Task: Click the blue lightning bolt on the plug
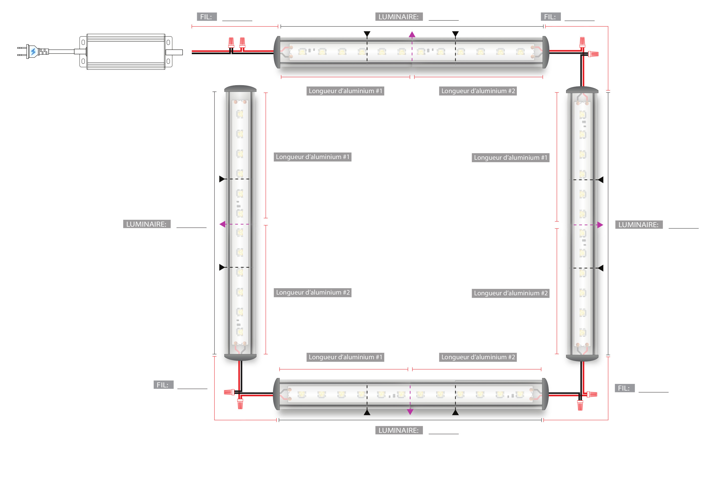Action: [x=33, y=52]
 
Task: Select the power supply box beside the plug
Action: [x=126, y=52]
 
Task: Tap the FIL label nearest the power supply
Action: [x=207, y=17]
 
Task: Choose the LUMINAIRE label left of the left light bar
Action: [x=147, y=224]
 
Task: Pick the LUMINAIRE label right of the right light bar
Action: [x=638, y=225]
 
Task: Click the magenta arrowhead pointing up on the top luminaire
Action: [x=412, y=35]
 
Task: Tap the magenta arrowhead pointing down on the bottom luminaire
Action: [x=410, y=412]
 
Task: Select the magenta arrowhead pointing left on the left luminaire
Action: [x=222, y=224]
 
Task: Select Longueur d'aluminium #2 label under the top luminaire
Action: [x=478, y=91]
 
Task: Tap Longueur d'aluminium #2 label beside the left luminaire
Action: [x=312, y=292]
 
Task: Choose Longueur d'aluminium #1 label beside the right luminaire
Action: [x=510, y=158]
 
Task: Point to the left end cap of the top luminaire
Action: [x=277, y=52]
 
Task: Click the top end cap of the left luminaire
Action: [x=240, y=89]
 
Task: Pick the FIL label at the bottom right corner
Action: [x=624, y=388]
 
